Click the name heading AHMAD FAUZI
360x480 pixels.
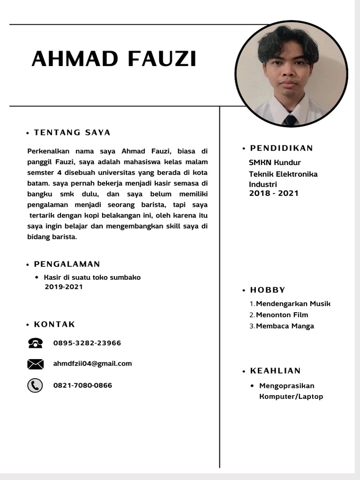tap(114, 60)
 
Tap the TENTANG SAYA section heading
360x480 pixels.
tap(72, 133)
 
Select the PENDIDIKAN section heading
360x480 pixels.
tap(281, 149)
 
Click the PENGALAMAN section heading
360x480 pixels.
tap(67, 264)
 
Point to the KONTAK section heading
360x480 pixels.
tap(54, 324)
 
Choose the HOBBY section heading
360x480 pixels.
tap(268, 290)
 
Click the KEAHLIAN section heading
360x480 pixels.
tap(275, 371)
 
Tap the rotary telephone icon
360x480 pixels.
tap(35, 343)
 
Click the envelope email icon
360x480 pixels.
tap(35, 364)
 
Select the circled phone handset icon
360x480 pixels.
tap(35, 385)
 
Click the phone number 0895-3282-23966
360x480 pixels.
tap(87, 343)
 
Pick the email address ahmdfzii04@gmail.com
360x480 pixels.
tap(92, 363)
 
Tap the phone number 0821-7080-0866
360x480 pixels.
tap(82, 385)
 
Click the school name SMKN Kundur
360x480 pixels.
tap(275, 163)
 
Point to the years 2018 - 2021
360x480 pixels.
tap(274, 193)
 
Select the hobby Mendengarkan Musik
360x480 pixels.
tap(293, 304)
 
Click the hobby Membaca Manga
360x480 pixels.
tap(285, 326)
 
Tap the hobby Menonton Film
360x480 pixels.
tap(282, 315)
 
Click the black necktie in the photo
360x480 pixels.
tap(290, 120)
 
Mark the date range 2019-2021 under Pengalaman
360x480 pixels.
tap(64, 286)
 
